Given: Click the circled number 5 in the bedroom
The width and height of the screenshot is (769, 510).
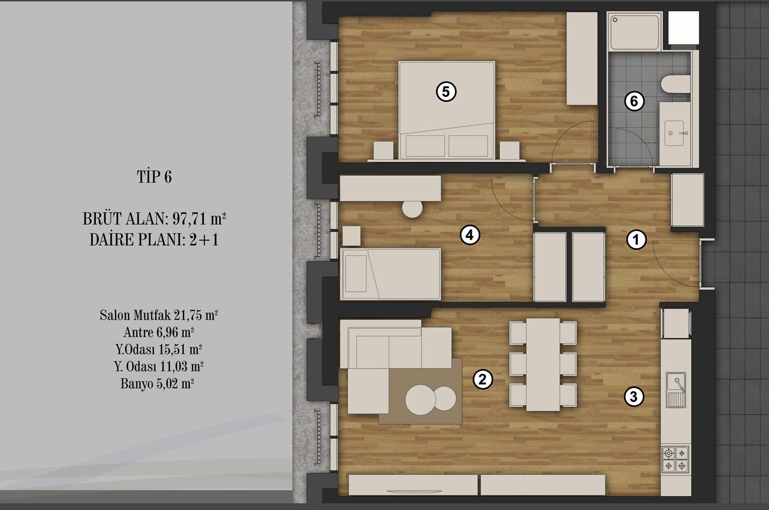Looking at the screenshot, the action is [446, 92].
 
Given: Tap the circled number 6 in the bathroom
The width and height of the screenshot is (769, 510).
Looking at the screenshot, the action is [634, 101].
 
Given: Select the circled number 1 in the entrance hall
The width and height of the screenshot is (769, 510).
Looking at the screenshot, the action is [636, 239].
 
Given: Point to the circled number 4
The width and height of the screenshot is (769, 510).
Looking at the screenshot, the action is [469, 235].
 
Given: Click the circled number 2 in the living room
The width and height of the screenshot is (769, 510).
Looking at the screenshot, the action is [482, 379].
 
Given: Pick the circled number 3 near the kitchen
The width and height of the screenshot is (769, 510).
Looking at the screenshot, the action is [634, 397].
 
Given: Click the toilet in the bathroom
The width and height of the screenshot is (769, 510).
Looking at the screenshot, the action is [676, 84].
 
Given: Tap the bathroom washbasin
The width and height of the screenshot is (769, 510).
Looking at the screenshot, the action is [674, 133].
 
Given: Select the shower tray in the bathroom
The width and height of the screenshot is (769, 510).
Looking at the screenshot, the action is [634, 31].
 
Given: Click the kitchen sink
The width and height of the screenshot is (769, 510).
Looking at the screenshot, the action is [676, 390].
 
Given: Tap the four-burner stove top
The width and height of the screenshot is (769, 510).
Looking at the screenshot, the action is [675, 459].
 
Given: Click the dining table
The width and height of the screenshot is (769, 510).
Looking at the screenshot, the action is [544, 364].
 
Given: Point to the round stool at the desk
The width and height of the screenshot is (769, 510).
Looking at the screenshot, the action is [412, 208].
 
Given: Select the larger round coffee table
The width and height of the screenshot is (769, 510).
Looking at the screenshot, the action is [421, 399].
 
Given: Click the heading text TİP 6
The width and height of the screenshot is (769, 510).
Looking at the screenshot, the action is [154, 177].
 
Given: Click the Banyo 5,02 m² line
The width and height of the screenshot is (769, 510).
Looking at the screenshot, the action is [157, 383].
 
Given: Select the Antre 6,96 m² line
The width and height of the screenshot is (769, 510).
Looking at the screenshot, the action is [159, 332].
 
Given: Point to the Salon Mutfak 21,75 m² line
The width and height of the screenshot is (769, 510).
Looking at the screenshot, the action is [159, 315].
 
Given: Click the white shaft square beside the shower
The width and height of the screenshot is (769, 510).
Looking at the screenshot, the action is [683, 27].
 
